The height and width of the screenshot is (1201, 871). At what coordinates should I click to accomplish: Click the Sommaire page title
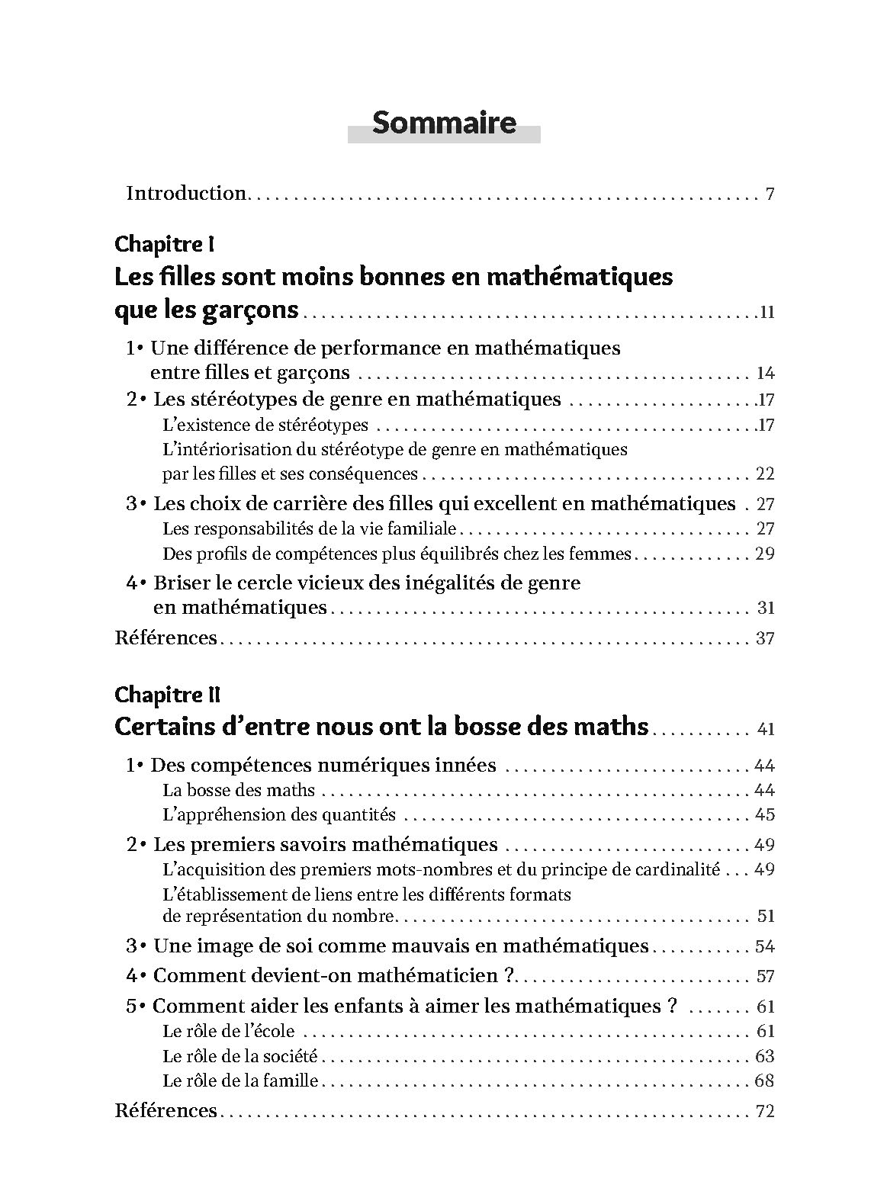click(x=444, y=122)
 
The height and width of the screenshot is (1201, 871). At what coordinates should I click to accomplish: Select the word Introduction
click(x=185, y=193)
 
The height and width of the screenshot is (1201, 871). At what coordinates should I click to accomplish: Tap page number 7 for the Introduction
click(x=770, y=194)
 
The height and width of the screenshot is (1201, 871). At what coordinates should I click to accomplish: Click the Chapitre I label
click(x=164, y=244)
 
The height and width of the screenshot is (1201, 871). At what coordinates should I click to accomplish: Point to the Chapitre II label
click(x=168, y=695)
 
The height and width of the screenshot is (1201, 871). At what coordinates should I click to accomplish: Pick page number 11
click(x=766, y=312)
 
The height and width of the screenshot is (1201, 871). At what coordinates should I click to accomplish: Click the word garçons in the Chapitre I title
click(x=254, y=310)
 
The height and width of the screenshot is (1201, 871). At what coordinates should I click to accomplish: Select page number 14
click(x=765, y=373)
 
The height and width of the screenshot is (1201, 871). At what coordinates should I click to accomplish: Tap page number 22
click(x=764, y=474)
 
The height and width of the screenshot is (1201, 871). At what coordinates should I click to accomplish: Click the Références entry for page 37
click(x=166, y=637)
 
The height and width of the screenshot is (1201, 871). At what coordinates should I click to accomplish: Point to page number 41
click(x=766, y=729)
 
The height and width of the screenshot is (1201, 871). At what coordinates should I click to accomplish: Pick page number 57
click(x=764, y=976)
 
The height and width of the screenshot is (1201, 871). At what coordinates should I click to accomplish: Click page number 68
click(x=763, y=1081)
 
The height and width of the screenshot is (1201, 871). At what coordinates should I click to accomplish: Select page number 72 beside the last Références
click(x=764, y=1111)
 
